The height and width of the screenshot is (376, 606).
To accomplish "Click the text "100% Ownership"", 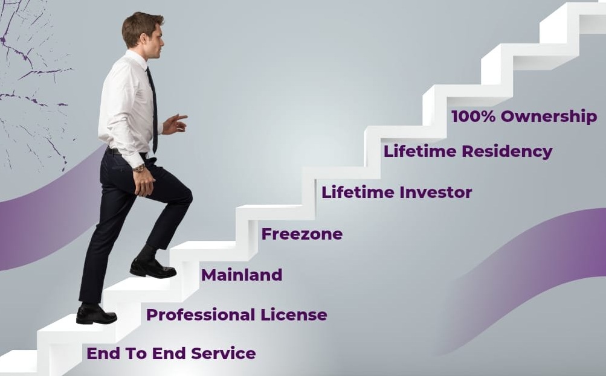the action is coord(524,116).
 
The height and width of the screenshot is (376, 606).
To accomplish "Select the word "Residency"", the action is coord(507,151).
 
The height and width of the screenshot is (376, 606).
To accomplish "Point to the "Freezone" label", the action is coord(302,234).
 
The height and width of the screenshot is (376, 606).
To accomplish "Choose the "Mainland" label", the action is coord(242,275).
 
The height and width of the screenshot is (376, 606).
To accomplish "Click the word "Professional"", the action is coord(201,314).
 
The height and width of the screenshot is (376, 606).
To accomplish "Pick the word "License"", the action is coord(294,314).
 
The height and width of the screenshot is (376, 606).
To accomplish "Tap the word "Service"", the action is coord(224,353).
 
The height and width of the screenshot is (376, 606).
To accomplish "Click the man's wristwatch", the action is coord(139,168).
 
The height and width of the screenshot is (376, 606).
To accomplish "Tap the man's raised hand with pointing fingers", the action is coord(175,124).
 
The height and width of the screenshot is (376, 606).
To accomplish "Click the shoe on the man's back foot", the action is coord(96,314).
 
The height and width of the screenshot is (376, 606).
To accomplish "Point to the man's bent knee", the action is coord(185,194).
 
